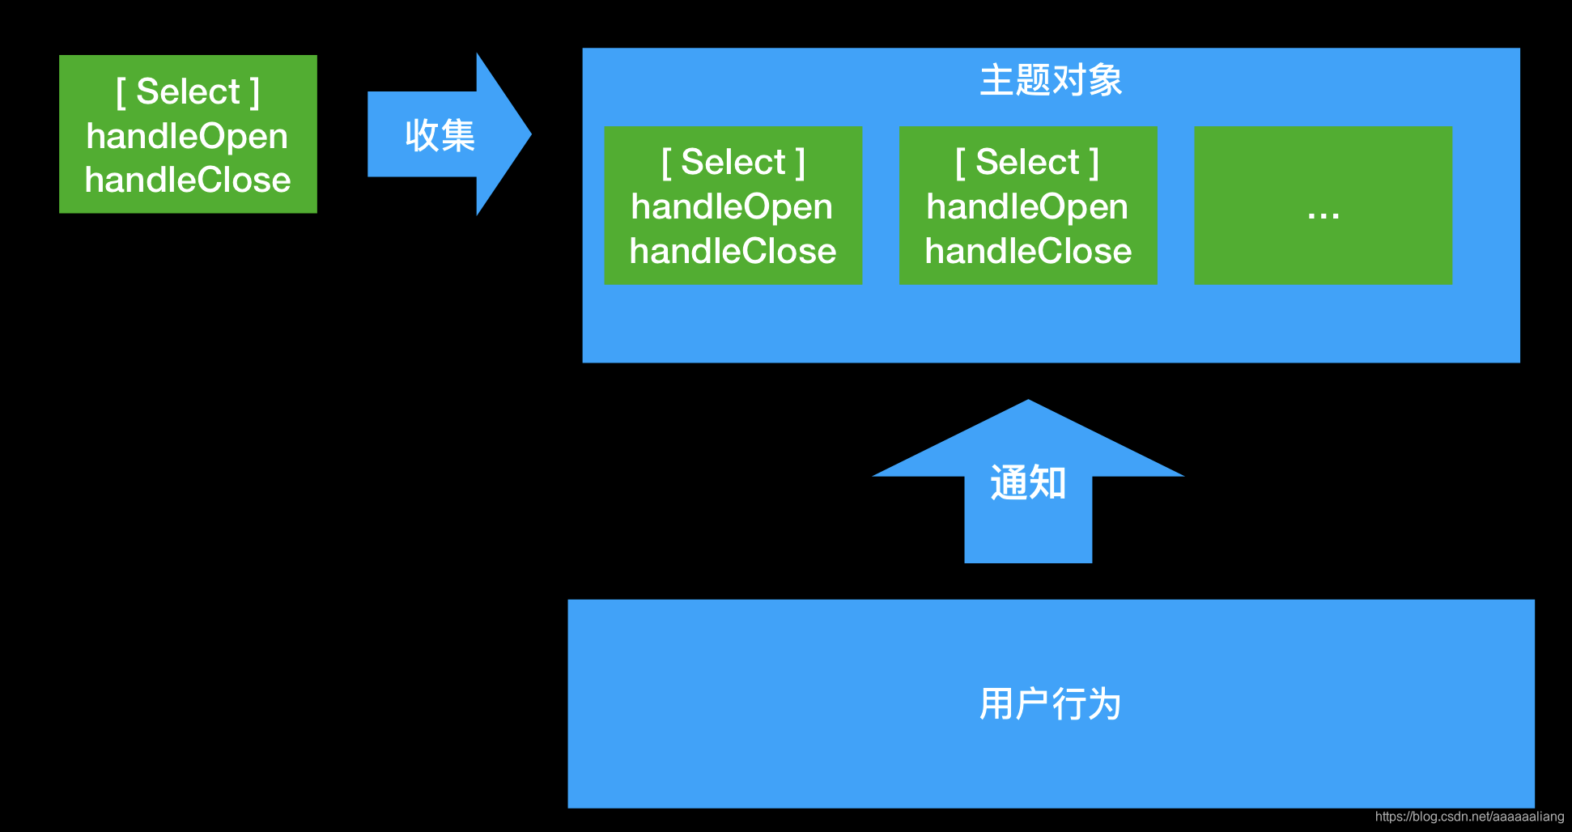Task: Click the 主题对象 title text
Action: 1051,81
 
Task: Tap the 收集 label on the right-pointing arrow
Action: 440,135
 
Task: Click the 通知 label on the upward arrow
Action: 1028,483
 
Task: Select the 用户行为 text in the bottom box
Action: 1050,703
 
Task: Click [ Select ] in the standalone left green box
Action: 188,91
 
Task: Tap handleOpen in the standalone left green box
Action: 187,136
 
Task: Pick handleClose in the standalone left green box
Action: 188,180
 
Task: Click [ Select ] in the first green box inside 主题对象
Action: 733,162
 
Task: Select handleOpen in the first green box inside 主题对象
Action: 732,206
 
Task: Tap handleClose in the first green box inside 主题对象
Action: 733,251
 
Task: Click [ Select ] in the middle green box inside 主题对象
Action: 1027,162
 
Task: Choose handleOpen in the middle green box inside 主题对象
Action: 1027,206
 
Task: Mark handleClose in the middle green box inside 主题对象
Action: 1028,251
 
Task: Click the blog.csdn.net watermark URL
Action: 1469,817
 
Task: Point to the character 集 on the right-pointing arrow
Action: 457,135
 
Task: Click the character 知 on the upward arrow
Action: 1047,483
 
